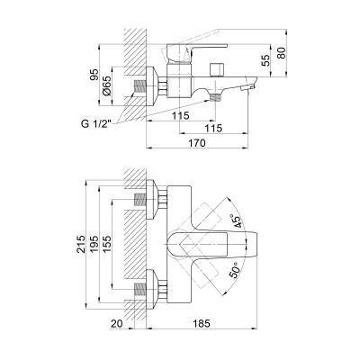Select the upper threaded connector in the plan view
click(140, 201)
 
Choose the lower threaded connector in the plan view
click(140, 290)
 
